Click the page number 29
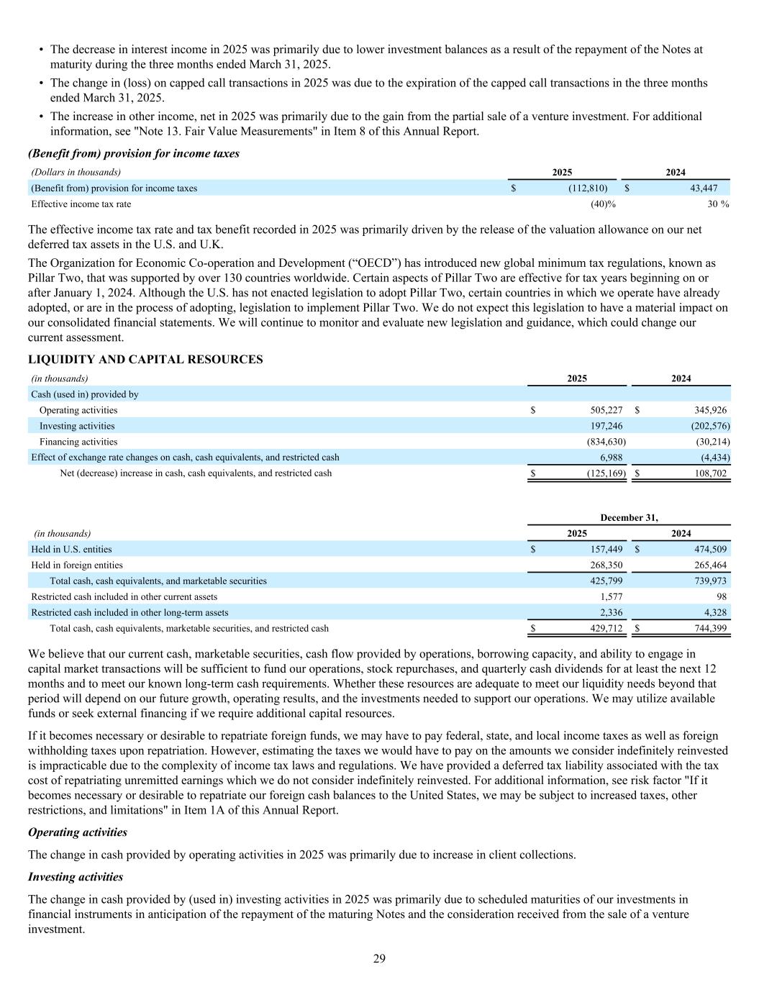click(379, 958)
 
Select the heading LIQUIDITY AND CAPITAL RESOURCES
click(145, 360)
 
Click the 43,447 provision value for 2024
click(702, 188)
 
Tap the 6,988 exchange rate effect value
click(611, 458)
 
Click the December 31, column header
click(629, 518)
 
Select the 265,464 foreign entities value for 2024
click(708, 565)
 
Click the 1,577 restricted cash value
click(611, 597)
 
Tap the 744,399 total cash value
click(708, 629)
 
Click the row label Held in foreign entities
click(77, 565)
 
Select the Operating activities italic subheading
click(78, 832)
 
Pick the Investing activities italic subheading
click(76, 877)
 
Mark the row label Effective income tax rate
click(81, 204)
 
